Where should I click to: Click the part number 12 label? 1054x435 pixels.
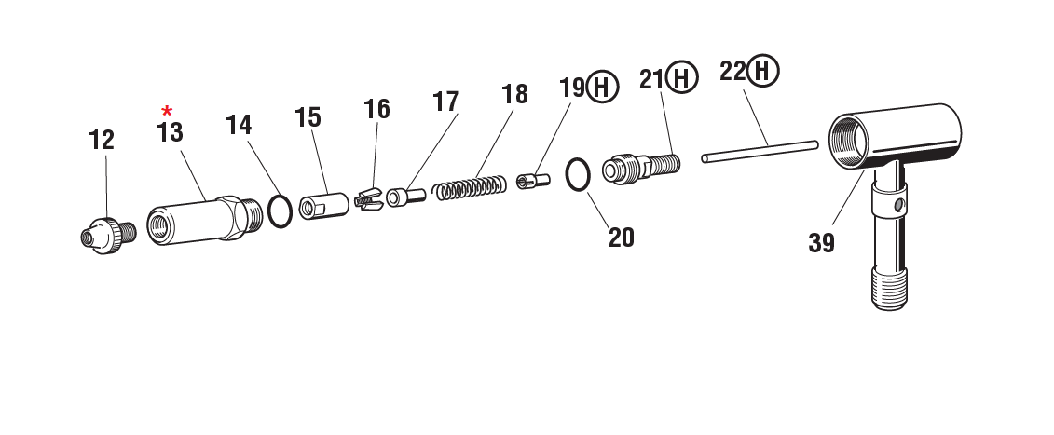(102, 141)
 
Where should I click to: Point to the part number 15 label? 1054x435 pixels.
(308, 118)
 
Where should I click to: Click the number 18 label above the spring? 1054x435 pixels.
(513, 95)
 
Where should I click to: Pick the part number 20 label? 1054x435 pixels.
(622, 238)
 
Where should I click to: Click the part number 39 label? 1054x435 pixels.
(821, 244)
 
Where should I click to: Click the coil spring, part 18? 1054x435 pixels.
(471, 186)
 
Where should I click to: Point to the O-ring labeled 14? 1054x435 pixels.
(280, 211)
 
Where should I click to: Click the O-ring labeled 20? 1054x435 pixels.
(579, 174)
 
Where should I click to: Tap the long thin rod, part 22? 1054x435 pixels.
(760, 150)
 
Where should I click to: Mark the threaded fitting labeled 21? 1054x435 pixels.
(642, 168)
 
